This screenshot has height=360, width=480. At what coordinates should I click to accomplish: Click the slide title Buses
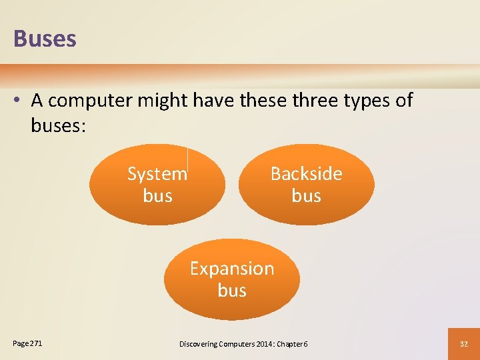point(45,39)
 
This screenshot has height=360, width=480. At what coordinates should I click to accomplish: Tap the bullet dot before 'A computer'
point(19,101)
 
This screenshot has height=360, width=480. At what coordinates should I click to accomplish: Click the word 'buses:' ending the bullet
point(58,125)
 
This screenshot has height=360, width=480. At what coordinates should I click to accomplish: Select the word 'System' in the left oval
point(157,174)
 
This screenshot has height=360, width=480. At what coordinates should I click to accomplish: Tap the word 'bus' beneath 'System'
point(157,196)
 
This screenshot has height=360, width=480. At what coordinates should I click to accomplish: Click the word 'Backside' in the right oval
point(306,174)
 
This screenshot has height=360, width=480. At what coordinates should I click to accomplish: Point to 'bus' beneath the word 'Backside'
point(306,196)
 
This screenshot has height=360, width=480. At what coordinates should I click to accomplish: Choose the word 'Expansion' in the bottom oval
point(232,269)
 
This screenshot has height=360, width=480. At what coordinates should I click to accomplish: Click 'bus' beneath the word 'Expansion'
point(232,291)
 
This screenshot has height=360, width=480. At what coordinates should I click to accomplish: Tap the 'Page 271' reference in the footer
point(27,343)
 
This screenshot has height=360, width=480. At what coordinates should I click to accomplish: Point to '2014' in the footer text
point(263,344)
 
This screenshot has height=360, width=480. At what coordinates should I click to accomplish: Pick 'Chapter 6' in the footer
point(292,344)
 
